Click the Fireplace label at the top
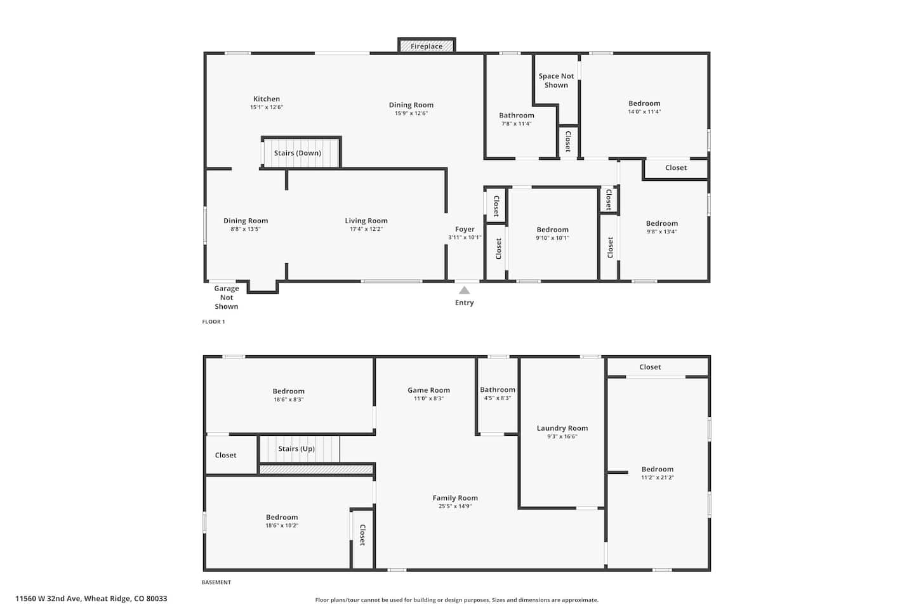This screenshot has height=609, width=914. (427, 46)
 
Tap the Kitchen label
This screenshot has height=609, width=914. (267, 99)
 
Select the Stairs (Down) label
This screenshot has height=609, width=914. (298, 153)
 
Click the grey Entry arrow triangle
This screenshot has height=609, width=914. (465, 290)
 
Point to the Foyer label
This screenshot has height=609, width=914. (465, 229)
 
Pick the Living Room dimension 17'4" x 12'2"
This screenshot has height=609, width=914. (366, 229)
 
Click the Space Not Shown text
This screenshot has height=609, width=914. (556, 81)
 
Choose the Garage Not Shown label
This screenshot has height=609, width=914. (227, 298)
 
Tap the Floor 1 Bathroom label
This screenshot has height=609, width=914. (517, 115)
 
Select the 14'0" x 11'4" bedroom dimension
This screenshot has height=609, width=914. (644, 112)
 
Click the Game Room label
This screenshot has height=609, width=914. (428, 390)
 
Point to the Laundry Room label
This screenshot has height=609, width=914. (562, 428)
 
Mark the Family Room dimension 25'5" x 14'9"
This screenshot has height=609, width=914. (455, 506)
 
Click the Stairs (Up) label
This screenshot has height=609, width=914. (296, 449)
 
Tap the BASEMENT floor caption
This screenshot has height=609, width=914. (216, 582)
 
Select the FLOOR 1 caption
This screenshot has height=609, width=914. (213, 322)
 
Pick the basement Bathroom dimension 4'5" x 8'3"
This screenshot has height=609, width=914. (498, 398)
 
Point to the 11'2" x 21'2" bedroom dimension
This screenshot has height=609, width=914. (658, 477)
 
